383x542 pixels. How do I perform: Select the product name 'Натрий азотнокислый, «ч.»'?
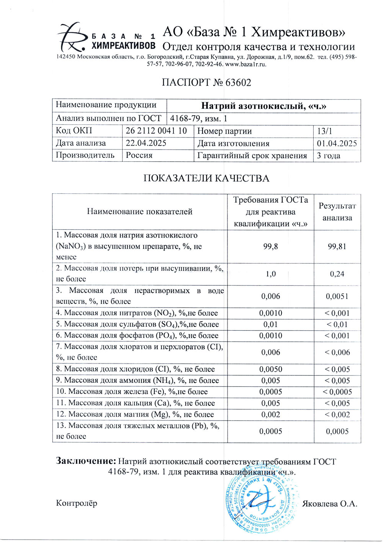coord(264,106)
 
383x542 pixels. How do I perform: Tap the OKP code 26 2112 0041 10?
coord(156,131)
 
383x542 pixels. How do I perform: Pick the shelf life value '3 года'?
coord(329,156)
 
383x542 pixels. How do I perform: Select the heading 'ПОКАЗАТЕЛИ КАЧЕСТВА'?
coord(206,178)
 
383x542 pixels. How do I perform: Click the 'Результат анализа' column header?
coord(337,212)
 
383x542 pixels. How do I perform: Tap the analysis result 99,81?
coord(337,246)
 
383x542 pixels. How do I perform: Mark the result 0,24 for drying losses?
coord(337,274)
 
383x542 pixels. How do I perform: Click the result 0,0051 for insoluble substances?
coord(337,296)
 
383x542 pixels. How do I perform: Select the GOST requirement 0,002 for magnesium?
coord(271,414)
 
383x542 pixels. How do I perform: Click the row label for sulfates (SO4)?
coord(137,324)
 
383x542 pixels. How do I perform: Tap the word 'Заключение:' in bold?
coord(86,461)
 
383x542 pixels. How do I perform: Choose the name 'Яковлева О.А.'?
coord(330,504)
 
